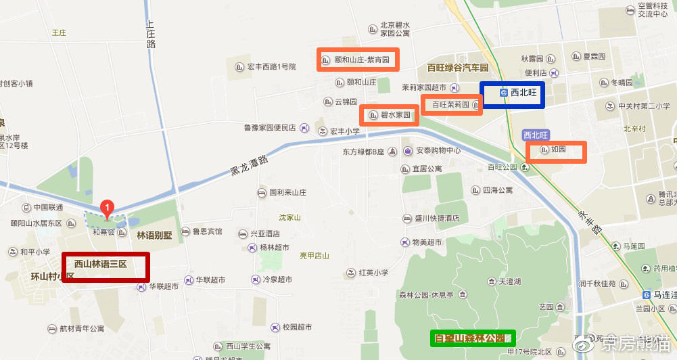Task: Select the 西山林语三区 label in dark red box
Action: (x=105, y=265)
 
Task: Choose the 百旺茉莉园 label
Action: (x=452, y=105)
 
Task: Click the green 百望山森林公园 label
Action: (x=474, y=337)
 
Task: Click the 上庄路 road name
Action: (x=151, y=34)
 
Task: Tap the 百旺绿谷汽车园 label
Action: (x=457, y=68)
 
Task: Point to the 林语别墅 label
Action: (x=154, y=235)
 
